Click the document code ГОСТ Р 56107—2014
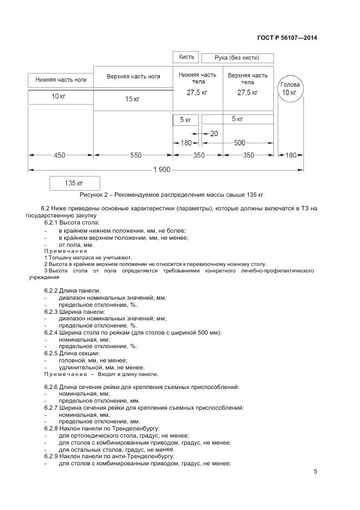[x=287, y=38]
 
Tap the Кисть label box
[x=185, y=57]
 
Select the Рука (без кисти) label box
[x=237, y=58]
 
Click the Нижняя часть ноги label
[x=60, y=80]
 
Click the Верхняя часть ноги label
[x=133, y=77]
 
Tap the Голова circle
[x=289, y=89]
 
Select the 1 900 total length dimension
[x=162, y=169]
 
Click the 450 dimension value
[x=59, y=155]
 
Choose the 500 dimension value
[x=239, y=143]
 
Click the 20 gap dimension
[x=213, y=133]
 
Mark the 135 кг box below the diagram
[x=75, y=183]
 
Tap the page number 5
[x=315, y=472]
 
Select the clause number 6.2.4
[x=53, y=332]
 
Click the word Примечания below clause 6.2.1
[x=63, y=251]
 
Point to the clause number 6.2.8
[x=53, y=429]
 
